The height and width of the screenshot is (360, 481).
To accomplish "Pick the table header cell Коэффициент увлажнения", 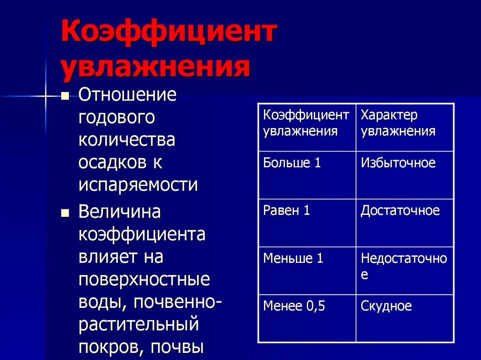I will click(306, 123).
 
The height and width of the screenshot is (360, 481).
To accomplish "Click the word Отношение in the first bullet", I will click(127, 95).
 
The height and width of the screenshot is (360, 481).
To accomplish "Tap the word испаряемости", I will click(138, 184).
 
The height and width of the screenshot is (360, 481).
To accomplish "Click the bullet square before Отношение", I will click(65, 96).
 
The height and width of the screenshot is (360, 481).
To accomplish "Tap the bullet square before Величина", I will click(65, 212).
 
